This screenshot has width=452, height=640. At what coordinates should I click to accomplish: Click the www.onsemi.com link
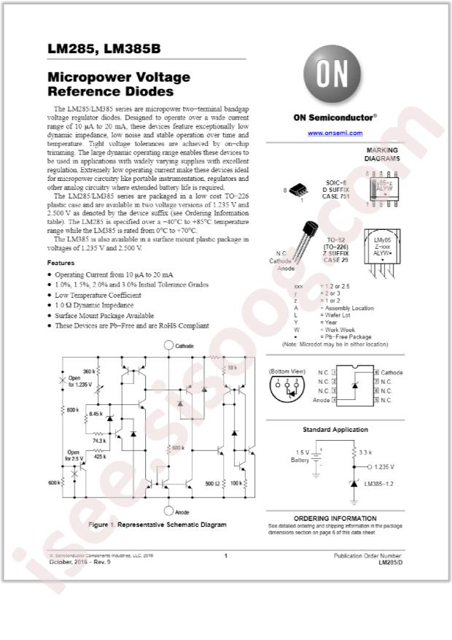(x=335, y=133)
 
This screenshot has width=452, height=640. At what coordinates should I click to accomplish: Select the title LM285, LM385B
(x=104, y=50)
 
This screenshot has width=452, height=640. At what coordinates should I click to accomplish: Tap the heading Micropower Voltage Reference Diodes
(x=119, y=84)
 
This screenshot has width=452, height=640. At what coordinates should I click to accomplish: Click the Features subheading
(x=61, y=262)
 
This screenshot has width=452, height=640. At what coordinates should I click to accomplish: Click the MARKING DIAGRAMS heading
(x=382, y=154)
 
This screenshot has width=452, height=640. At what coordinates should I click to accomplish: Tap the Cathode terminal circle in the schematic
(x=169, y=347)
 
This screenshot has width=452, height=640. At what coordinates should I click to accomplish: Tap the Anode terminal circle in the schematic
(x=169, y=512)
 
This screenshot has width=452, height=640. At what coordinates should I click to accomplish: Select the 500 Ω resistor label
(x=211, y=483)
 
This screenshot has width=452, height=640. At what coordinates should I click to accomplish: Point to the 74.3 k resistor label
(x=98, y=441)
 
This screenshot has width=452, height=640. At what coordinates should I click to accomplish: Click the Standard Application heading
(x=335, y=430)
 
